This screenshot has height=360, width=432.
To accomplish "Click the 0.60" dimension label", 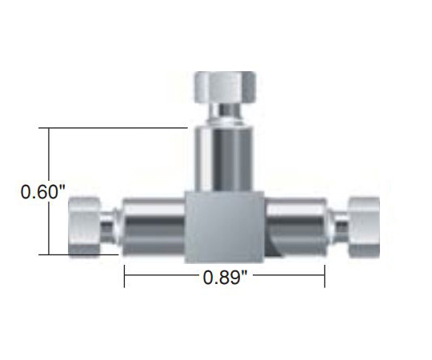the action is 43,192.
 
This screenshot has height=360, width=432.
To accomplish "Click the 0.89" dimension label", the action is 225,277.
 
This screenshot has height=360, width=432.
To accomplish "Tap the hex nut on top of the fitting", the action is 225,87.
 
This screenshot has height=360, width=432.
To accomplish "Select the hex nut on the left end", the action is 85,227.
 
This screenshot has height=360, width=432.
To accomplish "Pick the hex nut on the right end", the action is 364,227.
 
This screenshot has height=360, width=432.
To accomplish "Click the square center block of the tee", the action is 224,226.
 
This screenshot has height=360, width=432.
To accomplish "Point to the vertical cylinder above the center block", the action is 224,158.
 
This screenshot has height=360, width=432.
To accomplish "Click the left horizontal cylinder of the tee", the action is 153,226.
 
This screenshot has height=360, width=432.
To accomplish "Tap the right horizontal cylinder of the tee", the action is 296,226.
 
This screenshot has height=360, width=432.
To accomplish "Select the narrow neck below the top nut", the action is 225,114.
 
